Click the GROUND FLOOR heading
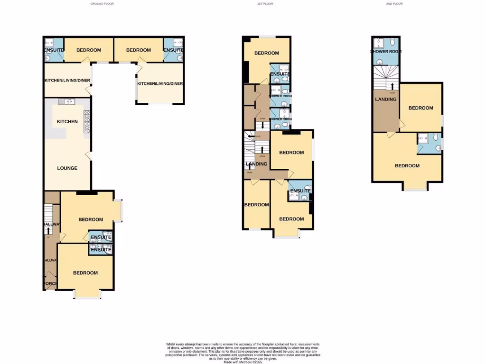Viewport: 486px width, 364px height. [x=102, y=4]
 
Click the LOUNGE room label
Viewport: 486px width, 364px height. [x=67, y=168]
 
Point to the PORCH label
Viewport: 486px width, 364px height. [x=50, y=284]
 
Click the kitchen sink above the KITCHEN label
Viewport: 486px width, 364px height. [x=67, y=101]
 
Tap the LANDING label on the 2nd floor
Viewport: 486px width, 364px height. [x=385, y=100]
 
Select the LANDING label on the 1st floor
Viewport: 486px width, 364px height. [x=256, y=164]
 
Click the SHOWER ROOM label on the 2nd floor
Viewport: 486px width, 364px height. [x=386, y=52]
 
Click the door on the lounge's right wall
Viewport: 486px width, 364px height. [x=89, y=155]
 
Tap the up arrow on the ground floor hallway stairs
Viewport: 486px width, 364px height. [x=48, y=230]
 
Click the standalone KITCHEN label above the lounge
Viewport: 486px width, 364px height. [x=67, y=122]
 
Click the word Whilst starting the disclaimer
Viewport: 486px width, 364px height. [x=171, y=344]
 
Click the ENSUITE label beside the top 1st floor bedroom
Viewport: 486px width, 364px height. [x=280, y=74]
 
